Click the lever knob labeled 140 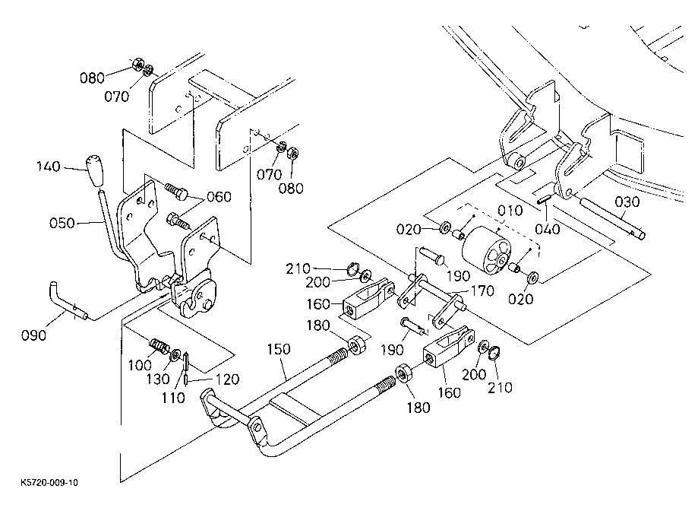(95, 171)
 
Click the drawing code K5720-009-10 (49, 483)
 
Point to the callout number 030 (627, 202)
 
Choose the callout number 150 (279, 349)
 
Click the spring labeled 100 (159, 346)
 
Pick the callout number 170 (482, 291)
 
